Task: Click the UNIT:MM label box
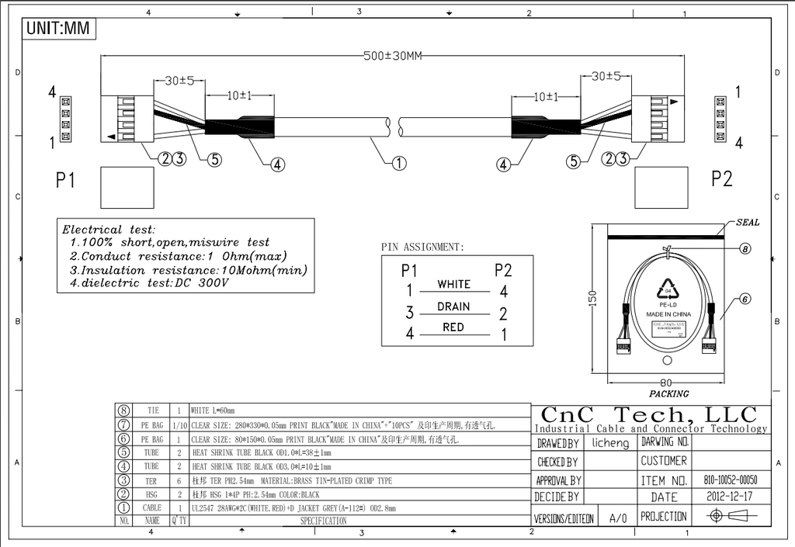[x=58, y=29]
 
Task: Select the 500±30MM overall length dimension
[x=393, y=56]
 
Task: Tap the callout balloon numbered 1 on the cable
[x=398, y=163]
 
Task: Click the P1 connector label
[x=65, y=180]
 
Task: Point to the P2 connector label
[x=721, y=179]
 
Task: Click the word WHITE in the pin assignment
[x=453, y=284]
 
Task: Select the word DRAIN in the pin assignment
[x=453, y=306]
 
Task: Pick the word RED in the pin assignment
[x=453, y=327]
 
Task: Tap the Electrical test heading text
[x=109, y=230]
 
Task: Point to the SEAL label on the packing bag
[x=748, y=223]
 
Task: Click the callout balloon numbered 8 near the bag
[x=744, y=249]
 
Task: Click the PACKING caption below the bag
[x=668, y=393]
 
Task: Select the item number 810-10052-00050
[x=731, y=480]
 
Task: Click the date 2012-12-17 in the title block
[x=730, y=497]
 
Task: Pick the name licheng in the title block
[x=610, y=443]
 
